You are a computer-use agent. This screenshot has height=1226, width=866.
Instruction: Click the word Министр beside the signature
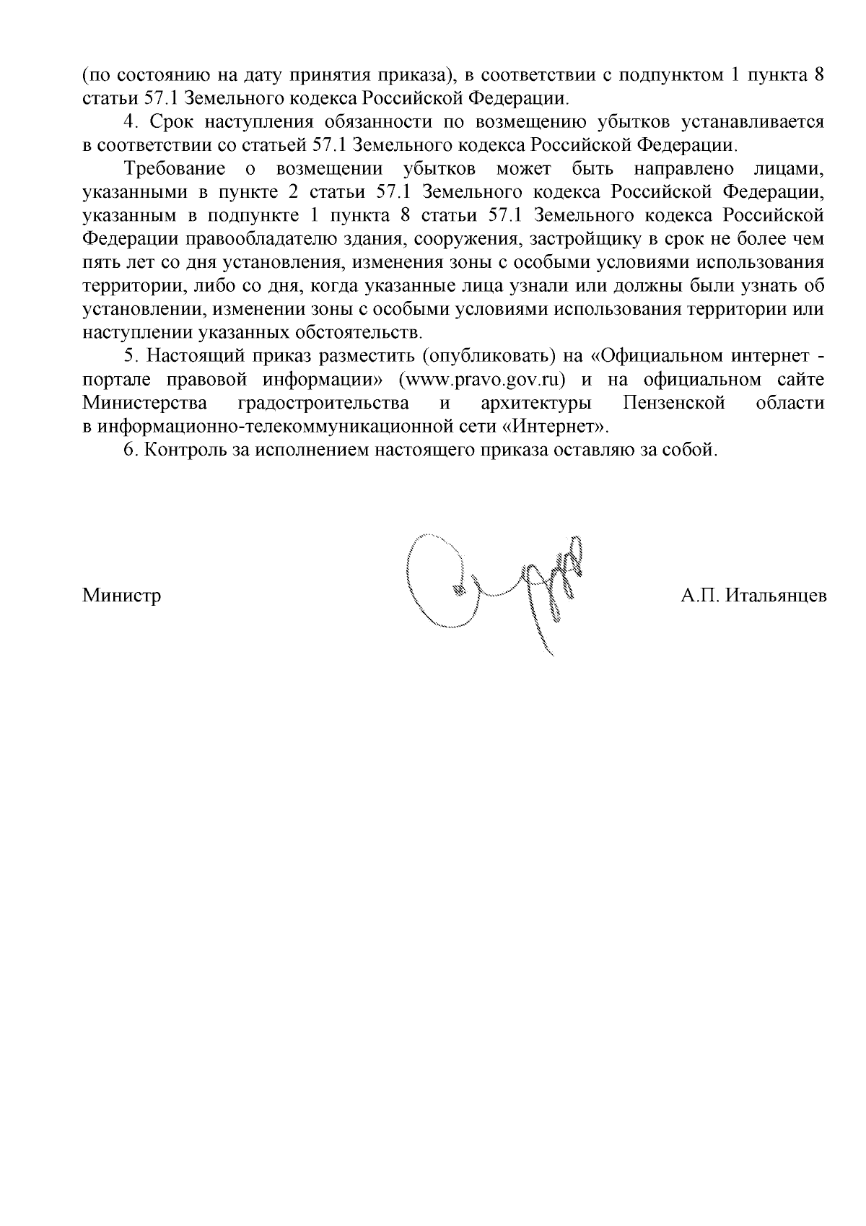121,596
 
